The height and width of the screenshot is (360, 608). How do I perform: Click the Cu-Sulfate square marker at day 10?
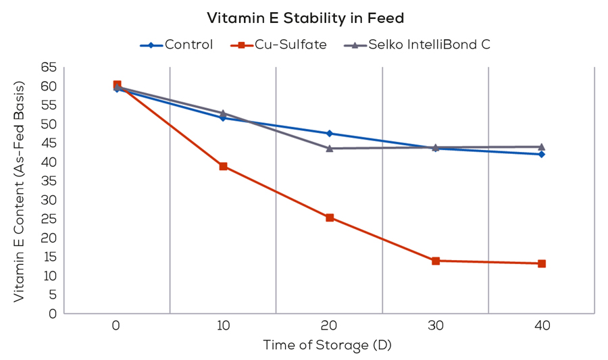pos(223,166)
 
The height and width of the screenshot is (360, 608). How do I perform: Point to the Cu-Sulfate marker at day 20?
pos(330,217)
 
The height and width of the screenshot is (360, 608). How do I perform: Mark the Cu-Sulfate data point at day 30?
pos(436,261)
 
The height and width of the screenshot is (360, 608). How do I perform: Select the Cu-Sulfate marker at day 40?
pos(542,263)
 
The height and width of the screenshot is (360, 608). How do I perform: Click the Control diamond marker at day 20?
pos(330,133)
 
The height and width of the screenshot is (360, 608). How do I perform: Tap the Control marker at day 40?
pos(542,154)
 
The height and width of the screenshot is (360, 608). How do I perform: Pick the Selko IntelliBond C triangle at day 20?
pos(330,148)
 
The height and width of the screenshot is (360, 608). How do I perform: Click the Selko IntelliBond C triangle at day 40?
pos(542,147)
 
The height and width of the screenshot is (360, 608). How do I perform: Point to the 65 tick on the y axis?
pos(48,67)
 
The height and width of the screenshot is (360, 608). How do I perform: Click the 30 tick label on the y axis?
pos(48,200)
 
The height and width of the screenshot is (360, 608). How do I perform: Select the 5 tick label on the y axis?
pos(51,294)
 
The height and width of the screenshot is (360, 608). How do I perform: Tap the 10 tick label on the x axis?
pos(223,326)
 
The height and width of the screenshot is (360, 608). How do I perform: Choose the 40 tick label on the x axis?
pos(542,326)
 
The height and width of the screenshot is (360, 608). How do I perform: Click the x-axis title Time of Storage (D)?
pos(327,345)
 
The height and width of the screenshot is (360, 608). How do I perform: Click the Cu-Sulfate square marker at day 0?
pos(117,85)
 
